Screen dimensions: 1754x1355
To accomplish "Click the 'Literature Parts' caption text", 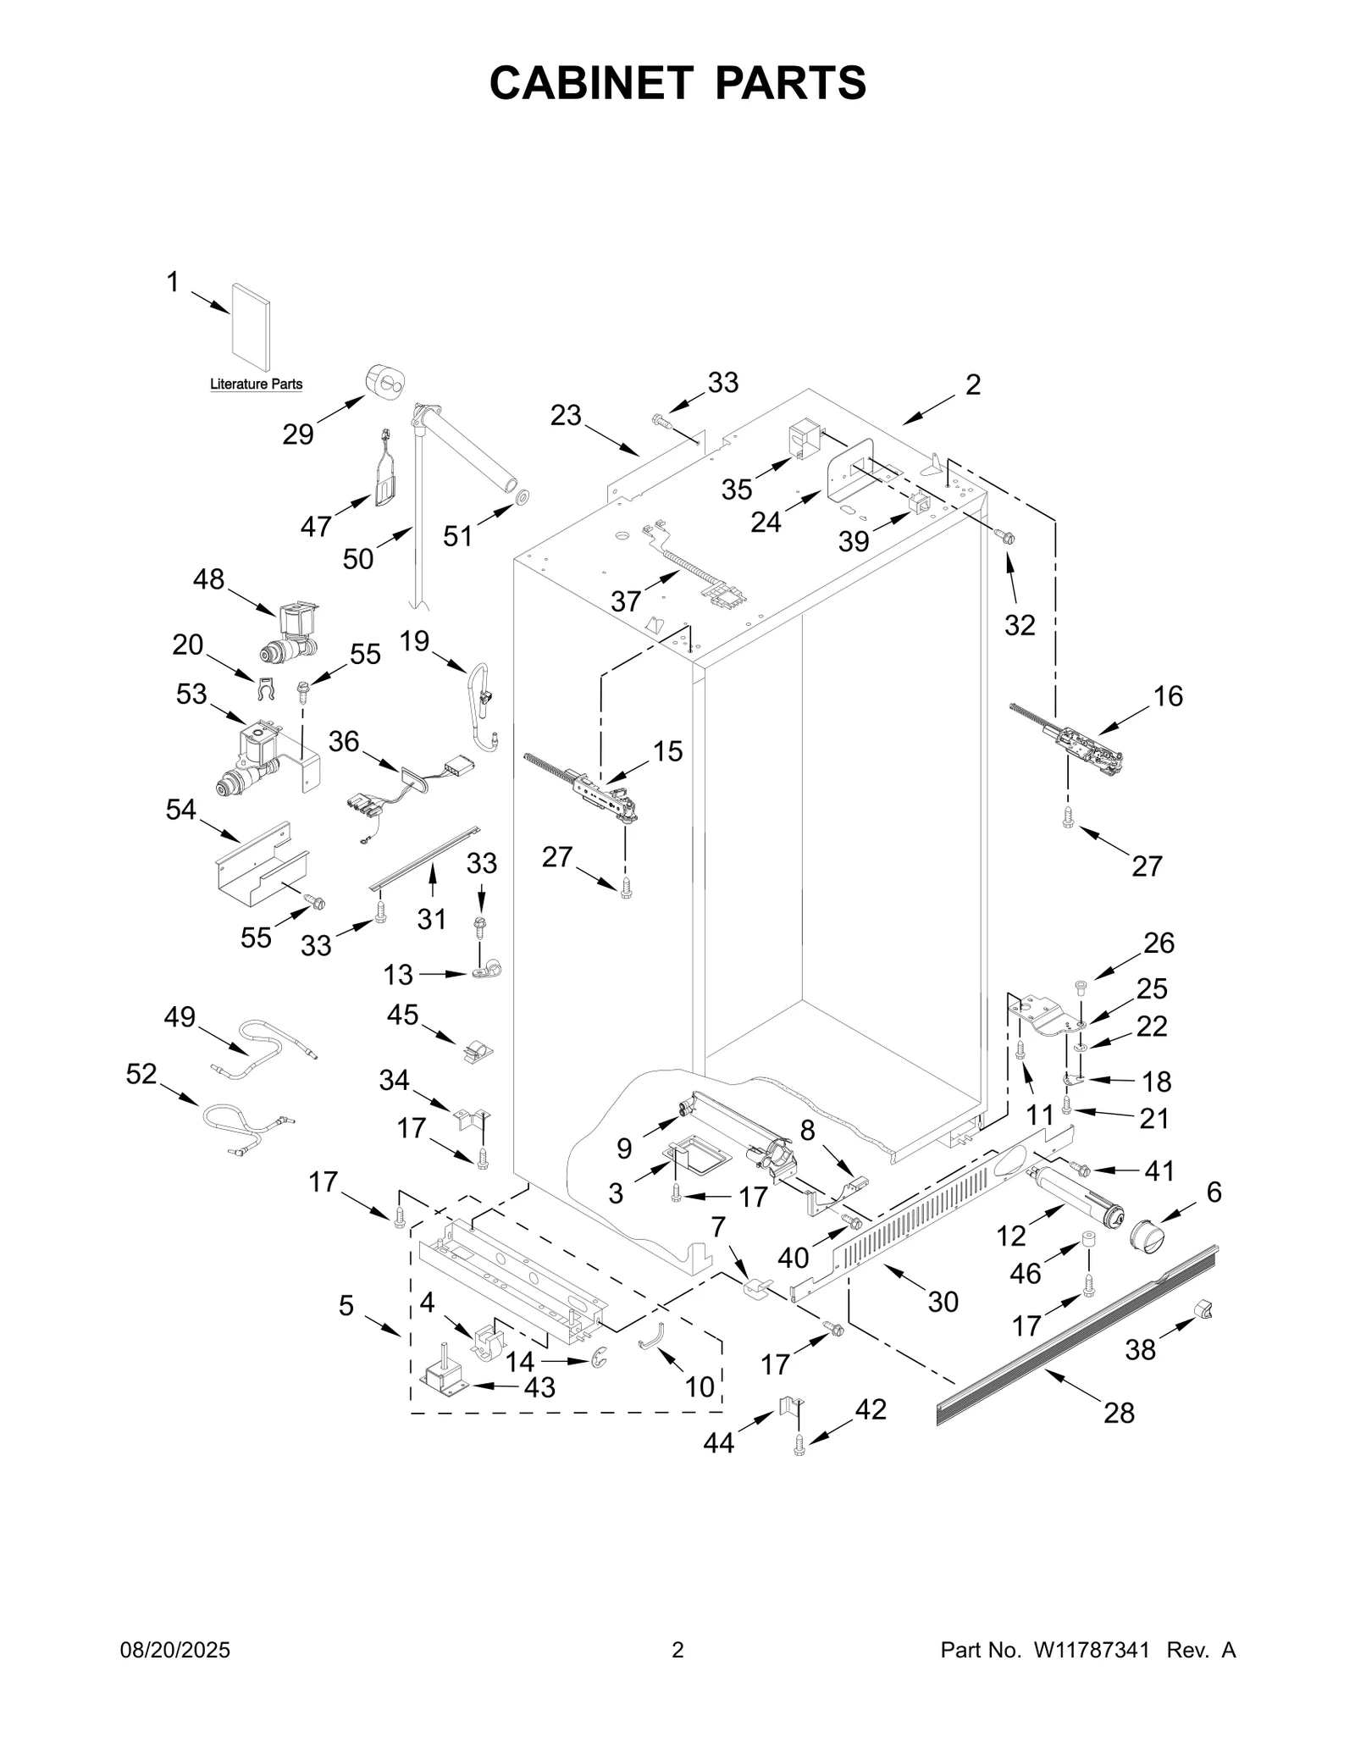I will [256, 385].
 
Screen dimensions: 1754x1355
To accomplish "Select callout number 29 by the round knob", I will [298, 434].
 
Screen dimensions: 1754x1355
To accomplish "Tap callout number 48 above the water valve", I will [208, 579].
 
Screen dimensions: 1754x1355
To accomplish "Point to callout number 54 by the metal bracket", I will [180, 810].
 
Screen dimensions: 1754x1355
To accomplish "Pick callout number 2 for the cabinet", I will [973, 385].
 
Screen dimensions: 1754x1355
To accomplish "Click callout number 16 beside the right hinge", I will [1168, 696].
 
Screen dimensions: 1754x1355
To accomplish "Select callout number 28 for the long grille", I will [1119, 1413].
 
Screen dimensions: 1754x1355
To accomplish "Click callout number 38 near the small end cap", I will [1140, 1350].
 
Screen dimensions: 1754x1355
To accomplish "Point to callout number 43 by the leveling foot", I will [539, 1387].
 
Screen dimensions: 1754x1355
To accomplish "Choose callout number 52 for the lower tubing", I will [141, 1074].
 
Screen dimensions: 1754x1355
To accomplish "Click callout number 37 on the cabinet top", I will [626, 601].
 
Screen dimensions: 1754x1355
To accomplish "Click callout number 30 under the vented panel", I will [943, 1301].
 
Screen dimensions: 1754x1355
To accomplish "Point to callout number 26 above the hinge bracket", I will [1159, 943].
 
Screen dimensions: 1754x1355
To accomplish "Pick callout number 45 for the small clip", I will [403, 1014].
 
